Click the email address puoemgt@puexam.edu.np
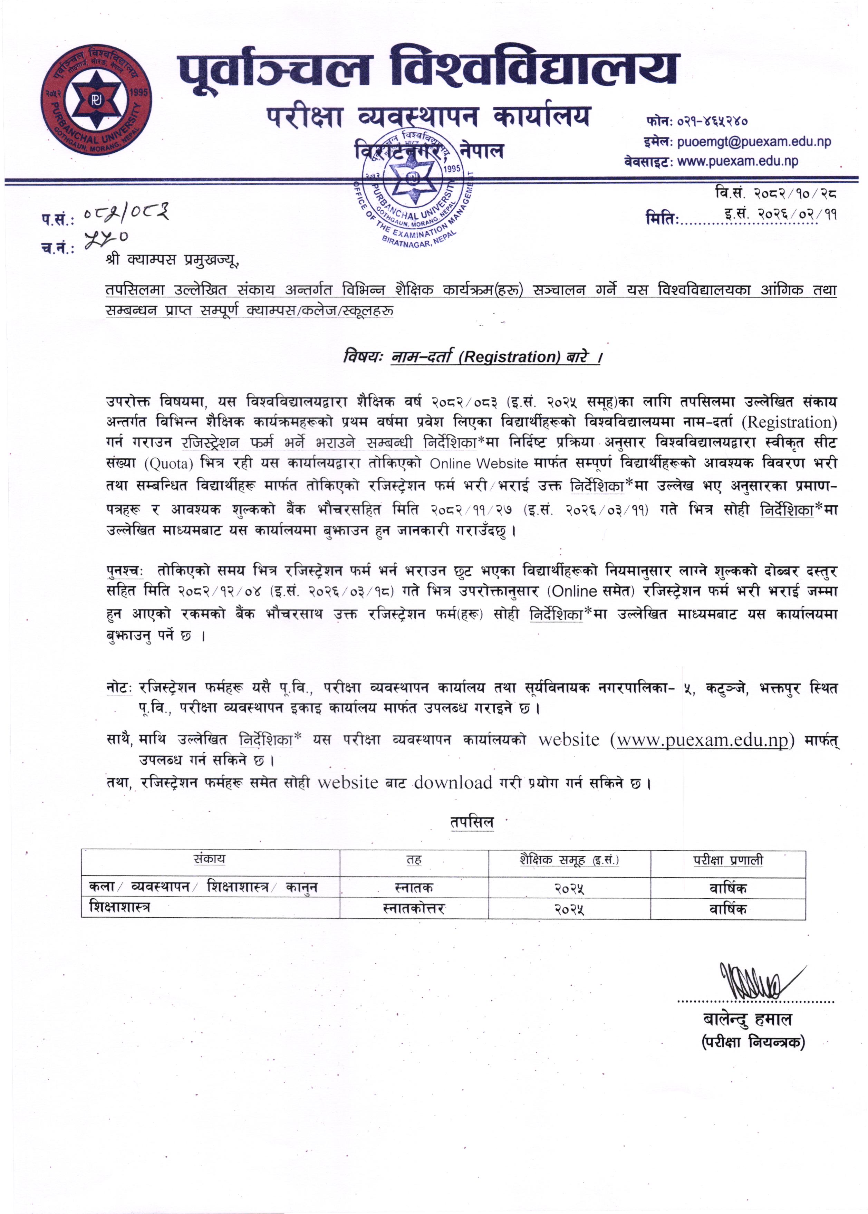(x=754, y=142)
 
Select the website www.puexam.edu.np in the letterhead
(x=737, y=161)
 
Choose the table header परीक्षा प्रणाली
(x=728, y=860)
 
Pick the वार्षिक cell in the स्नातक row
(x=728, y=888)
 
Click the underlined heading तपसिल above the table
(x=471, y=822)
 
